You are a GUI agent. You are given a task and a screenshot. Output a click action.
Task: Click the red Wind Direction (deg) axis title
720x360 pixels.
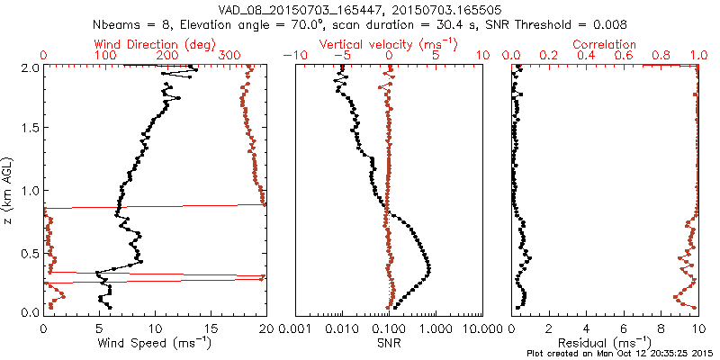pos(154,44)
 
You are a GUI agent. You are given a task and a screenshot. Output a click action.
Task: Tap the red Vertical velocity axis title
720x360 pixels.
pos(389,44)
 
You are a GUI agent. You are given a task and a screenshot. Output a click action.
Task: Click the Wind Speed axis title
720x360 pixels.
pos(154,342)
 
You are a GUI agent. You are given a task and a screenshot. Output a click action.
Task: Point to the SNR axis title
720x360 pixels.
pos(390,342)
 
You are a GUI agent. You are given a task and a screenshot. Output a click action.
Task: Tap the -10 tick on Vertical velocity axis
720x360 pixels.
pos(296,56)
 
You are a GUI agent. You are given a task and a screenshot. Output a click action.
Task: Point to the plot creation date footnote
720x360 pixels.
pos(619,353)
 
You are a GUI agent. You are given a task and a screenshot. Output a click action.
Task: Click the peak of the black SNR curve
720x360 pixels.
pos(429,267)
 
